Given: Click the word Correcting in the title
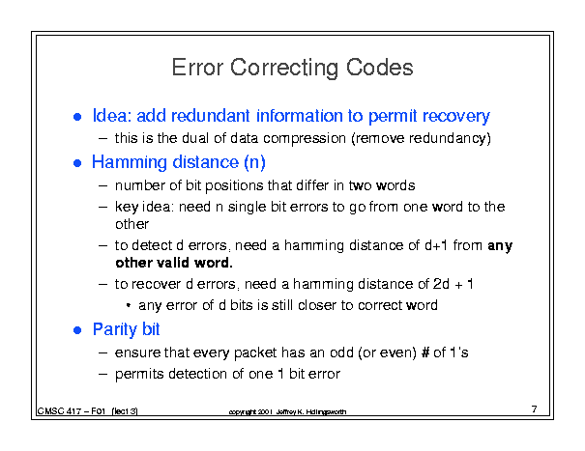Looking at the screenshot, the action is click(x=284, y=68).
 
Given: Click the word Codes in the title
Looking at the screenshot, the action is click(x=379, y=68).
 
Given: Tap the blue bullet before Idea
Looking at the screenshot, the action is click(x=77, y=117).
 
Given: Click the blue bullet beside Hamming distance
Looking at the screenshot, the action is click(x=77, y=163).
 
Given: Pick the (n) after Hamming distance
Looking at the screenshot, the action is click(x=255, y=162).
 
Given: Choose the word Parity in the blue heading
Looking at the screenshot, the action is click(x=114, y=329).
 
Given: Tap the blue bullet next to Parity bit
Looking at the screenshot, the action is click(x=77, y=330).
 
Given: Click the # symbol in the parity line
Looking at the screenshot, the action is click(x=425, y=352).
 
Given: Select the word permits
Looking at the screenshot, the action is click(x=139, y=374).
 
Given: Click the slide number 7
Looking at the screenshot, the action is click(x=535, y=409).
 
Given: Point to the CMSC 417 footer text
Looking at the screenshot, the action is click(x=87, y=411).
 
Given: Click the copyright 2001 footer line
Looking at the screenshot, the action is click(x=287, y=411).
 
